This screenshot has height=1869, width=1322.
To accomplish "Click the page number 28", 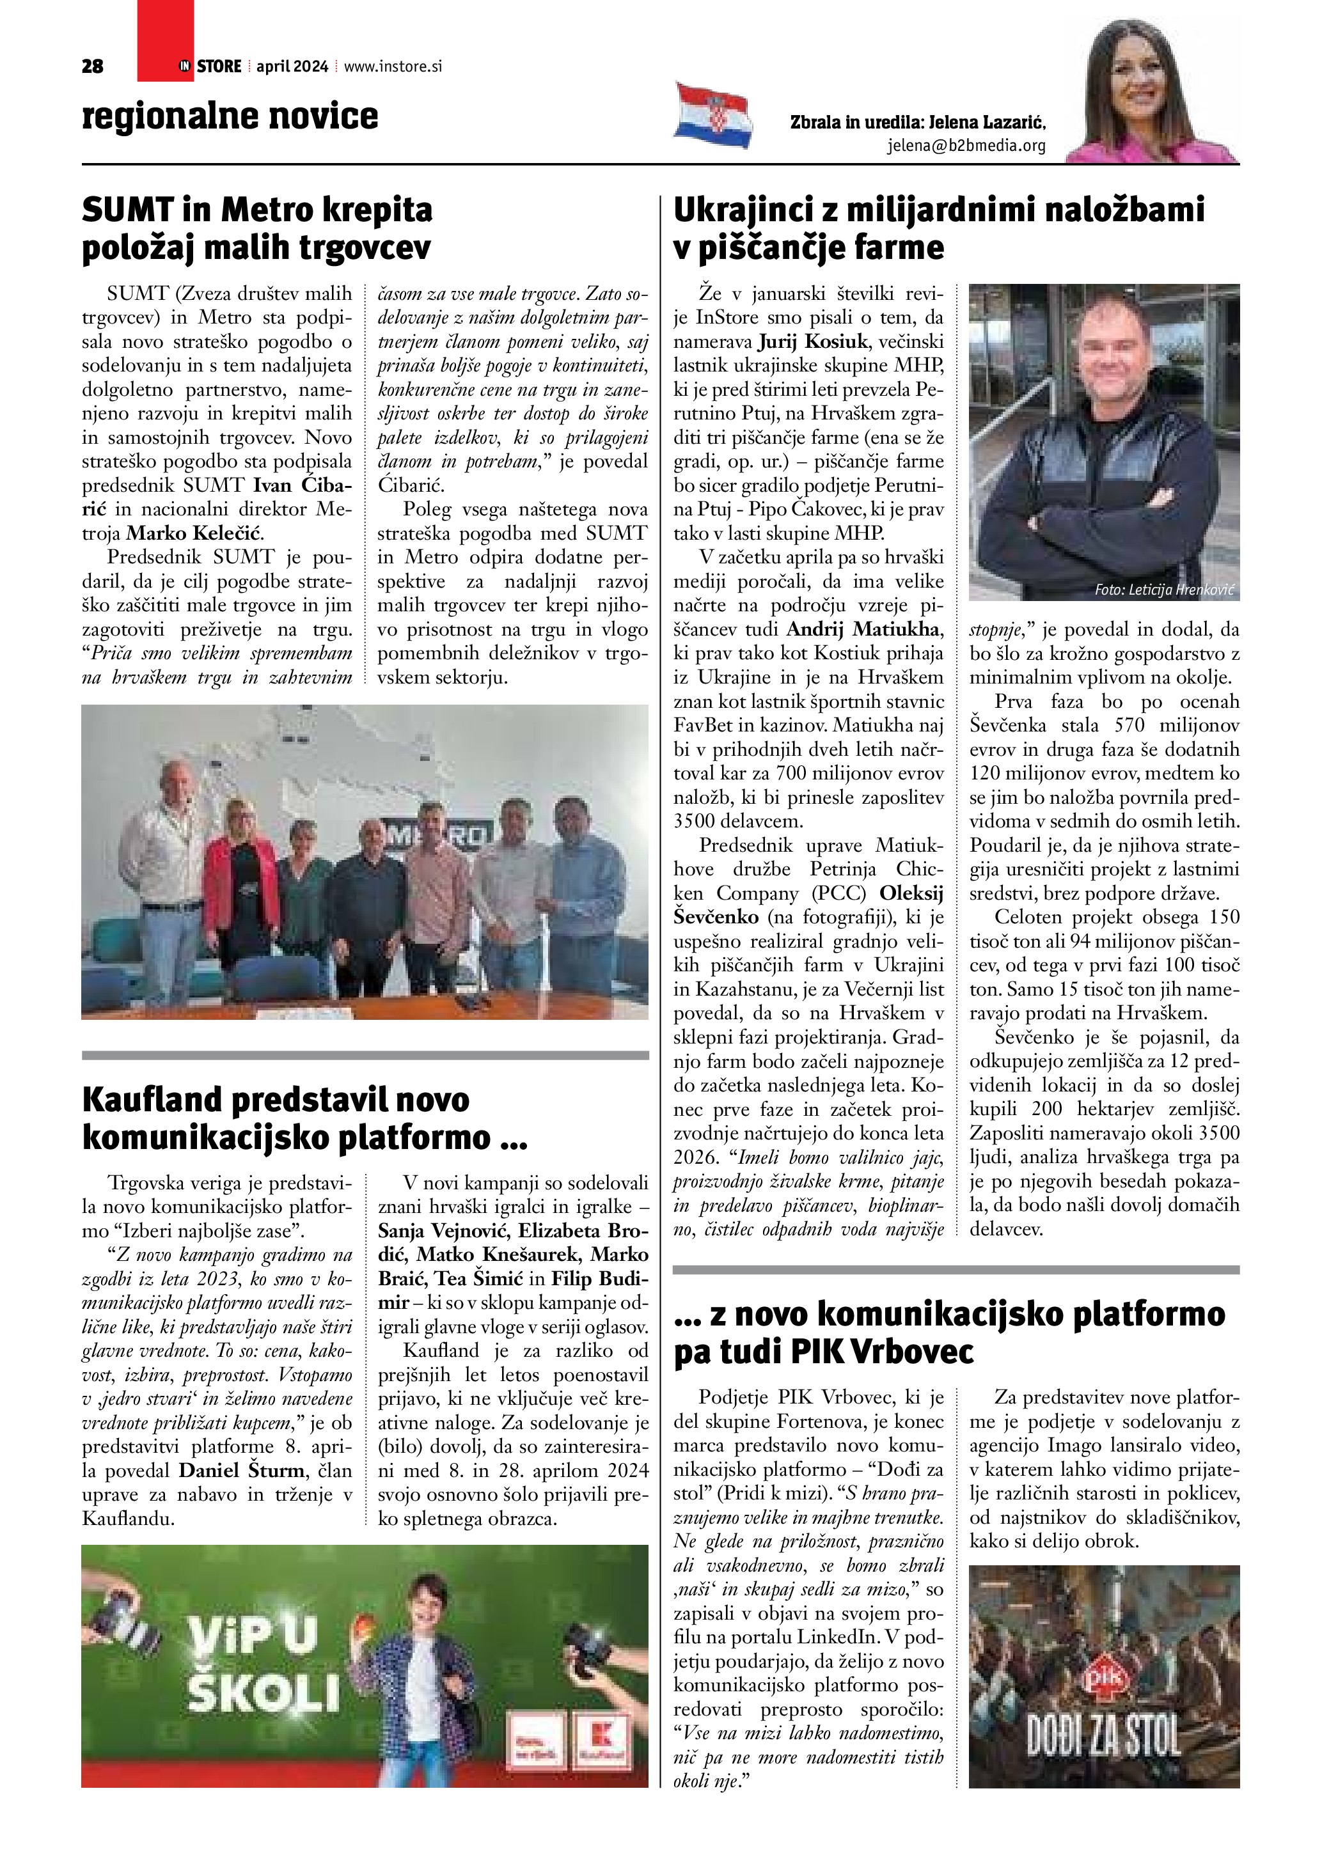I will (x=93, y=66).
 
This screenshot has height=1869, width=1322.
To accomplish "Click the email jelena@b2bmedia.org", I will (x=966, y=146).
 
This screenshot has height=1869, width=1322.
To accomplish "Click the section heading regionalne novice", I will (x=230, y=116).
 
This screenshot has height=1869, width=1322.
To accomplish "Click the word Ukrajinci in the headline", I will (x=740, y=210).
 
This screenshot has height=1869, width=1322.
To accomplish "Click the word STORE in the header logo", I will (x=219, y=66).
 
